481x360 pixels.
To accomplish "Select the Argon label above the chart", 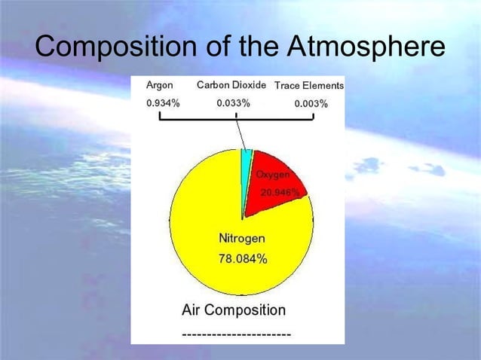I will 159,85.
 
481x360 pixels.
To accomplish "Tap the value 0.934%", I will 162,103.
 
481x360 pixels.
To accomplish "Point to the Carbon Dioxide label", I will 231,85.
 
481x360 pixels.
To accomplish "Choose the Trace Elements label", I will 308,86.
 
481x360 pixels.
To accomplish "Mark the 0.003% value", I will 311,104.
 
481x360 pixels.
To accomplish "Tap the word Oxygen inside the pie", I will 273,175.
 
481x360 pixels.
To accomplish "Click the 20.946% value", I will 280,193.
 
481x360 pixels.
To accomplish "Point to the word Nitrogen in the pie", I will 241,239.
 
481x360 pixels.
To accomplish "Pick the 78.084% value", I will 242,258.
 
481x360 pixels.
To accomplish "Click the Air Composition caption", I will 234,310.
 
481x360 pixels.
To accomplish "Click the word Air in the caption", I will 191,310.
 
